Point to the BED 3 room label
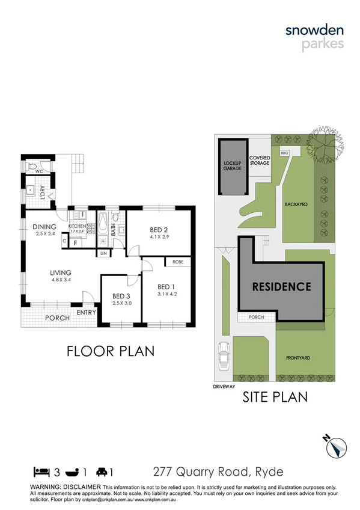pyautogui.click(x=121, y=296)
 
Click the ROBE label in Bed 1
pyautogui.click(x=178, y=262)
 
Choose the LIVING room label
pyautogui.click(x=61, y=272)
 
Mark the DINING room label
pyautogui.click(x=44, y=226)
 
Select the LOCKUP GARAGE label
pyautogui.click(x=232, y=165)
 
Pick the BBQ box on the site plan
pyautogui.click(x=284, y=153)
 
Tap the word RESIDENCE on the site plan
pyautogui.click(x=281, y=287)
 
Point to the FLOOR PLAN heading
pyautogui.click(x=110, y=350)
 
